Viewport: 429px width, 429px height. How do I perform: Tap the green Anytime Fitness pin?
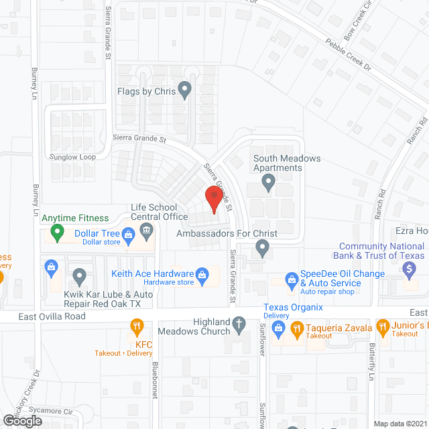tap(57, 233)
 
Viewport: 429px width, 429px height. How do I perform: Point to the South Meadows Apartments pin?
tap(269, 180)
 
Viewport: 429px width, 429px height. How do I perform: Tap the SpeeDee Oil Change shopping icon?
tap(292, 278)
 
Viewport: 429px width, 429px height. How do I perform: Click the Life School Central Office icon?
tap(147, 231)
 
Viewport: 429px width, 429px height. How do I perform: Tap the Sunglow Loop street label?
tap(72, 157)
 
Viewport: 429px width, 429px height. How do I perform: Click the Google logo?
tap(21, 420)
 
